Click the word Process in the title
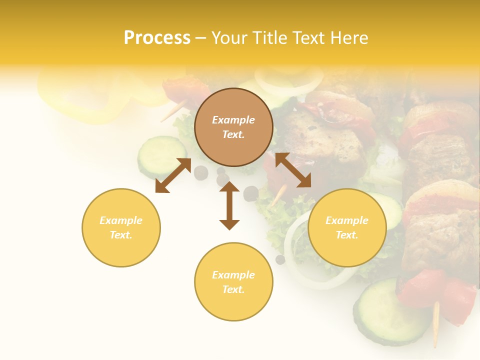[x=157, y=38]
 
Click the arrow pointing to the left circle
[x=173, y=175]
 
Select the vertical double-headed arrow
[x=229, y=205]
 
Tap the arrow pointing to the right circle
[x=293, y=170]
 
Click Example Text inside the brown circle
[x=233, y=127]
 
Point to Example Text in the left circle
[x=121, y=227]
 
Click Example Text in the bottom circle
[x=233, y=282]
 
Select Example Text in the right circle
[x=347, y=227]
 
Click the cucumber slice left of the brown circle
[x=159, y=154]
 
